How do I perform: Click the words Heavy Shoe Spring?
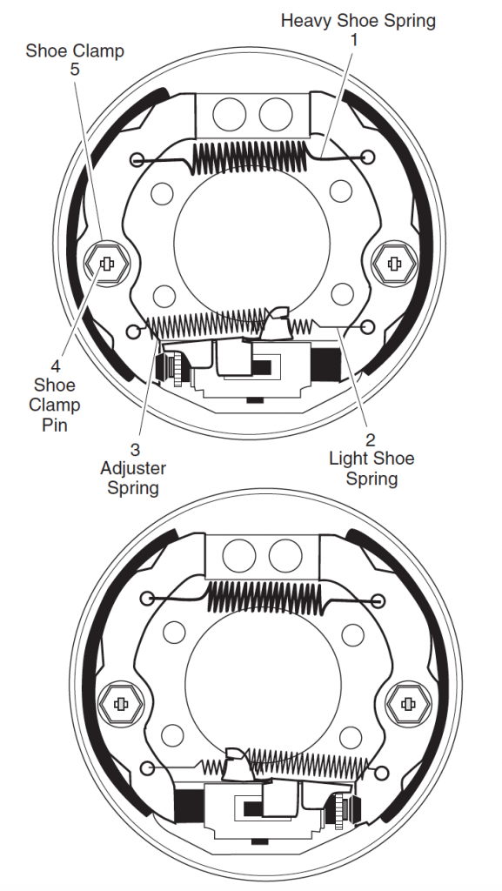click(358, 21)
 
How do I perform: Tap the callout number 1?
click(354, 40)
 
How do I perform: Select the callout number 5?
click(75, 70)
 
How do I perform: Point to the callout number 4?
click(55, 365)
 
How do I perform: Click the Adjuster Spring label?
click(133, 478)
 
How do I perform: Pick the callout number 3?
click(135, 450)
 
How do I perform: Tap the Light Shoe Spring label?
click(372, 468)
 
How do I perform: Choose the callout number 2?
click(371, 439)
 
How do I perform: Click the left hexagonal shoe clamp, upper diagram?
click(106, 263)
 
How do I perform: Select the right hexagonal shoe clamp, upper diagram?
click(394, 263)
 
